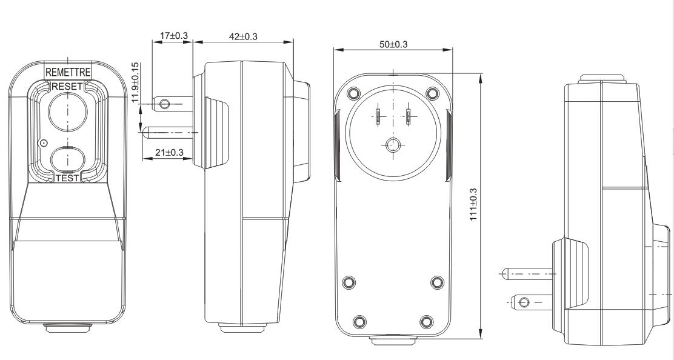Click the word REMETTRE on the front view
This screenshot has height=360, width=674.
tap(68, 72)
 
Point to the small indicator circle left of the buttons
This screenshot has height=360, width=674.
tap(42, 143)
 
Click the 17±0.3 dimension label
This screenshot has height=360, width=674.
tap(171, 36)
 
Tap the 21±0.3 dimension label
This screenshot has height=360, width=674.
tap(168, 152)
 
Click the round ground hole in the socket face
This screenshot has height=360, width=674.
tap(393, 145)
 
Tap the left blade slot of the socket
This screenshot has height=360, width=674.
tap(377, 116)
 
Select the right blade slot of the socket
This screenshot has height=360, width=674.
tap(409, 116)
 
